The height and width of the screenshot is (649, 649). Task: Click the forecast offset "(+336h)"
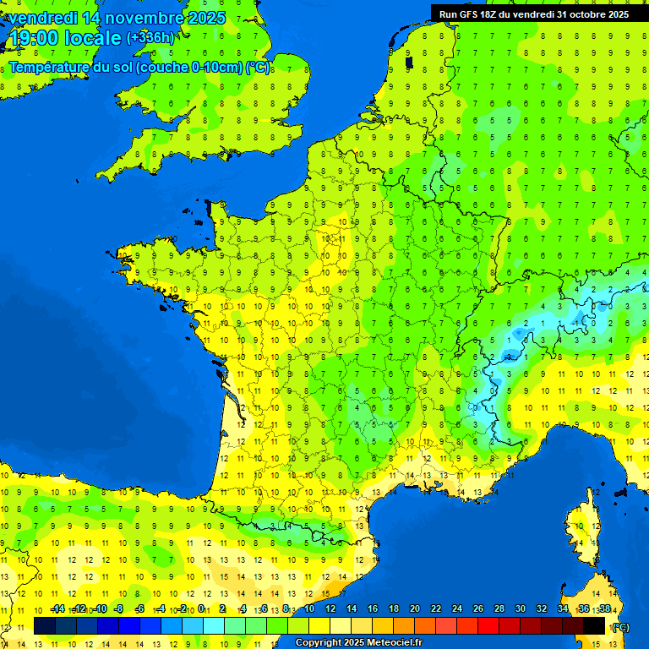pyautogui.click(x=150, y=38)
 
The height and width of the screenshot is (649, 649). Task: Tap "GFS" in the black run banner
pyautogui.click(x=471, y=14)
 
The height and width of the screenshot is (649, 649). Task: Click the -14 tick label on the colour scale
pyautogui.click(x=57, y=609)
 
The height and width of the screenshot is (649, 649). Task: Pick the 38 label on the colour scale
pyautogui.click(x=605, y=609)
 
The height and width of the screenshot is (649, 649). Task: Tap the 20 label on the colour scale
pyautogui.click(x=415, y=609)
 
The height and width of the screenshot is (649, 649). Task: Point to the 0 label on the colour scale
pyautogui.click(x=204, y=609)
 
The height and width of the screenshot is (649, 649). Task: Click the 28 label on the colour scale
pyautogui.click(x=499, y=609)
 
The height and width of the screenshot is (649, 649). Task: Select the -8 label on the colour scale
pyautogui.click(x=119, y=609)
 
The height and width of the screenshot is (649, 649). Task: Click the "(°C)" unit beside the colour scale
pyautogui.click(x=620, y=627)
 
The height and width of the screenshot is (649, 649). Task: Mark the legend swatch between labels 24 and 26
pyautogui.click(x=467, y=626)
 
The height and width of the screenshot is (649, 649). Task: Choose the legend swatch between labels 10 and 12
pyautogui.click(x=319, y=626)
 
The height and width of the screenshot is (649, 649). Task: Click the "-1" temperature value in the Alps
pyautogui.click(x=576, y=322)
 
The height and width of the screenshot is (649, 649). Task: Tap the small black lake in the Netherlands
pyautogui.click(x=409, y=62)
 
